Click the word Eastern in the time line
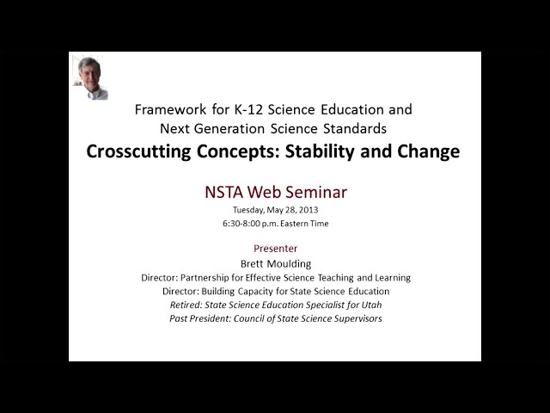point(300,224)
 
